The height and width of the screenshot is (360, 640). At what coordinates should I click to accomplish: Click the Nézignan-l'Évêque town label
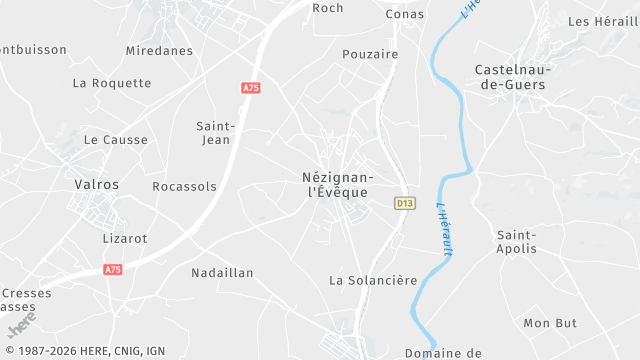point(335,184)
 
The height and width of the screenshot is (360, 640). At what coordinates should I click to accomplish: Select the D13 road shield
point(404,203)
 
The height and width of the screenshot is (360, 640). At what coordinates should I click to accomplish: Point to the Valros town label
point(97,184)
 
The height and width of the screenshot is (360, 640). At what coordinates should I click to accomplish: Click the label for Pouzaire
point(370,54)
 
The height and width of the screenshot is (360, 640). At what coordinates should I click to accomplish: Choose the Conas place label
point(405,14)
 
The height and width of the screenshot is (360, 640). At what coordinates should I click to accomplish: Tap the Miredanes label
point(159,50)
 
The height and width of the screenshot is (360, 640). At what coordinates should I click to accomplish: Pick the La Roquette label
point(112,83)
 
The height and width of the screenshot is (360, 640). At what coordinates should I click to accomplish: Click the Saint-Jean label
point(216,133)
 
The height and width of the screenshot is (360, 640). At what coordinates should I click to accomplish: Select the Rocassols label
point(184,186)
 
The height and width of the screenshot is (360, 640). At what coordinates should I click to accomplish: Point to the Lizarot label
point(125,238)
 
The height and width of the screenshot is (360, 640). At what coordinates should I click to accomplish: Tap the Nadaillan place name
point(222,272)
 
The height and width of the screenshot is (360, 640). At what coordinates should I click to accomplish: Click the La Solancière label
point(373,280)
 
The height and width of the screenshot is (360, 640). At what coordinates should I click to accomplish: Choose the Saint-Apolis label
point(517,241)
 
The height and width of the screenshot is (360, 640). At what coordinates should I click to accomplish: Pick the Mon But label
point(551,323)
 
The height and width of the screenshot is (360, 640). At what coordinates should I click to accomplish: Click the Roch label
point(328,8)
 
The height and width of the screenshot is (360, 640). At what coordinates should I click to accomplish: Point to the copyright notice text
point(85,351)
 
